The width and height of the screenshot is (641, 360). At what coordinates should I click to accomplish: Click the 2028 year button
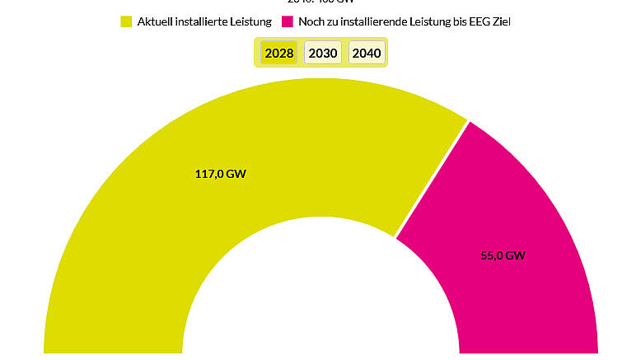279,54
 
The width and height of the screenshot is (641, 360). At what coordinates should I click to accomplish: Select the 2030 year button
322,54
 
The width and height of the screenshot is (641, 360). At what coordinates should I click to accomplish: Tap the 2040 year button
366,54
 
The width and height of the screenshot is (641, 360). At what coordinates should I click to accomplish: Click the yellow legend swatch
126,21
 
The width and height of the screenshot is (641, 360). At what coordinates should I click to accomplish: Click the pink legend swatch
288,21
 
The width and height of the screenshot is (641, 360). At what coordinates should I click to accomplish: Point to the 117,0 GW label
219,174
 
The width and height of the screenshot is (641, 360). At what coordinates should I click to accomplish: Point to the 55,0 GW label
503,255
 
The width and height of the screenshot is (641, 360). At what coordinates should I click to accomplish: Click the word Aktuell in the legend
156,21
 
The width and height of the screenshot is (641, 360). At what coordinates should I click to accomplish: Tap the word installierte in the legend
203,21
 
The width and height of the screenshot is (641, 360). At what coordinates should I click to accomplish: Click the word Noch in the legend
311,21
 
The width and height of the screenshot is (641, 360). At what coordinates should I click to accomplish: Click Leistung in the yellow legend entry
251,21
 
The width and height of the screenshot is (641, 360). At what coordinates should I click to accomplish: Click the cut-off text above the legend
321,2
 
